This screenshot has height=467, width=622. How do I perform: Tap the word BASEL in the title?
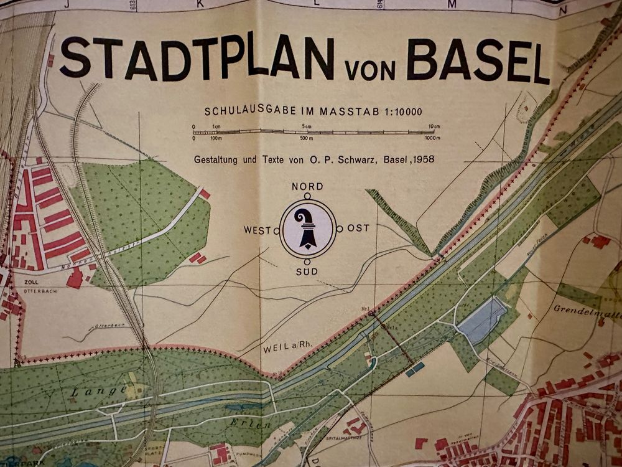pyautogui.click(x=481, y=61)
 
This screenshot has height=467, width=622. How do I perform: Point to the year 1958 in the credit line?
pyautogui.click(x=422, y=159)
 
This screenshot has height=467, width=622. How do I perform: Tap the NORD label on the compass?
pyautogui.click(x=307, y=187)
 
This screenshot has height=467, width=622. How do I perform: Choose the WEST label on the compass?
pyautogui.click(x=257, y=230)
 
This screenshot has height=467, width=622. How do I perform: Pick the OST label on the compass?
pyautogui.click(x=358, y=229)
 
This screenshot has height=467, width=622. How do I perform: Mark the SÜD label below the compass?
pyautogui.click(x=307, y=272)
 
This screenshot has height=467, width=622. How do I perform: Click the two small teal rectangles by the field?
pyautogui.click(x=415, y=369)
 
